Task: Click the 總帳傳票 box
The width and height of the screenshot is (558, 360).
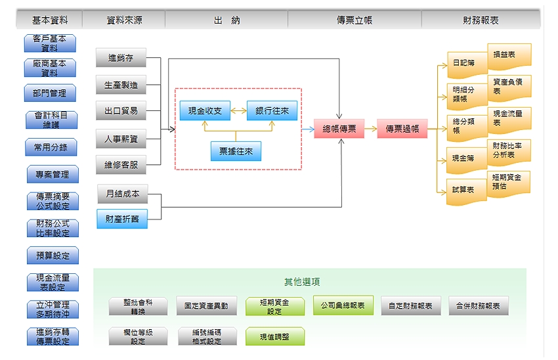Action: coord(339,129)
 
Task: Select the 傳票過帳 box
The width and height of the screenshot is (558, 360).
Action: coord(402,129)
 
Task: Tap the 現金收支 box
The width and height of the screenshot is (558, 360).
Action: coord(205,112)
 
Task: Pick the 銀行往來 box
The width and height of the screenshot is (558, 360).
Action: coord(272,112)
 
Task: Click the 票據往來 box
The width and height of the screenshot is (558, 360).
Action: coord(236,152)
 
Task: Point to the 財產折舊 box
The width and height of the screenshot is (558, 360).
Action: coord(122,219)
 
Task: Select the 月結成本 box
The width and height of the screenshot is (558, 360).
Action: coord(122,194)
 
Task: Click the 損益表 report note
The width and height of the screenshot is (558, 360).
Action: coord(509,56)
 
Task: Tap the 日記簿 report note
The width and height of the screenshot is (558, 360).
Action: coord(467,64)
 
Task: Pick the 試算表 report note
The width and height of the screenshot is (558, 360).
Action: coord(467,191)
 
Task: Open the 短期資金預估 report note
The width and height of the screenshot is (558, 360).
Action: coord(509,182)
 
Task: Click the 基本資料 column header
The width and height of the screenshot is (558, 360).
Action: coord(50,20)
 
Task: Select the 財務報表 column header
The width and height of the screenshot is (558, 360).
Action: coord(481,20)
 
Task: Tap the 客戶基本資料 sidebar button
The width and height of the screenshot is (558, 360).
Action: coord(50,43)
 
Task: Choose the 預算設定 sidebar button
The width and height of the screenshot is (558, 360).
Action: coord(53,256)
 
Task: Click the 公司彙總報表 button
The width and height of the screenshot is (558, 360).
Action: coord(343,306)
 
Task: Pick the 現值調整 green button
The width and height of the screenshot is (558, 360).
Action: coord(274,336)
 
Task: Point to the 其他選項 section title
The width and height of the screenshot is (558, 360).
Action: coord(302,282)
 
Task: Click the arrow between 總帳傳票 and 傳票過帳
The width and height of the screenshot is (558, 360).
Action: coord(370,129)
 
